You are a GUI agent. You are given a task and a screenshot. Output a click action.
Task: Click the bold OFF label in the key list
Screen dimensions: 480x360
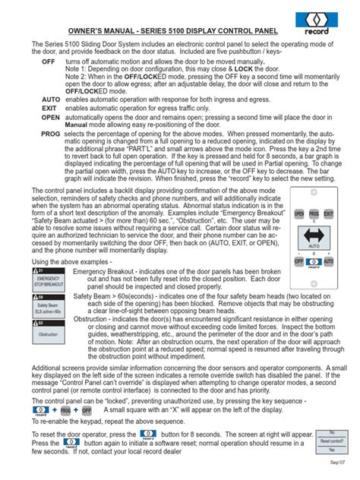tap(49, 60)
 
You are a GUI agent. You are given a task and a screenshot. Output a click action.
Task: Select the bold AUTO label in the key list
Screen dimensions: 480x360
tap(51, 99)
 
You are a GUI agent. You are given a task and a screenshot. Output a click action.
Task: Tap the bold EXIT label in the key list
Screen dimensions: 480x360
tap(50, 109)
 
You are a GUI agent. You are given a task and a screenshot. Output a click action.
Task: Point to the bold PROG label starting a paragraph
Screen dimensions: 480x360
tap(51, 133)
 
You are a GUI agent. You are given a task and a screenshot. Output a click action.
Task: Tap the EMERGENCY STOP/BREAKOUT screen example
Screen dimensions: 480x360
tap(48, 282)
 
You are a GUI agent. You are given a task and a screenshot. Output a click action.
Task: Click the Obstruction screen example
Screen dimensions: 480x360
tap(48, 333)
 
